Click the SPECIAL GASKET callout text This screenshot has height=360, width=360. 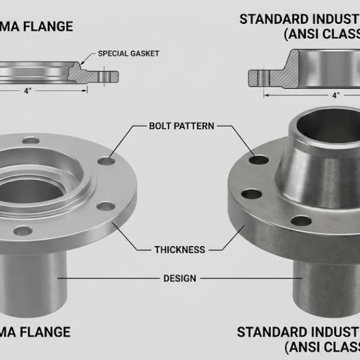(x=128, y=54)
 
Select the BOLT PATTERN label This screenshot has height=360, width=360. (x=181, y=127)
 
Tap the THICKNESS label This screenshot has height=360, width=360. (x=179, y=249)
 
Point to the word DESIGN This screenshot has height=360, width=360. (x=180, y=278)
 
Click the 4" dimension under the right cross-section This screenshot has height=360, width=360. (x=336, y=94)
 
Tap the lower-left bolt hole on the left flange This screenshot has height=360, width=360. (x=23, y=230)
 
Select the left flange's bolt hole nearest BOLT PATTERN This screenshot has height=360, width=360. (x=107, y=161)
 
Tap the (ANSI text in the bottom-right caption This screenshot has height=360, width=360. (x=300, y=347)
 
